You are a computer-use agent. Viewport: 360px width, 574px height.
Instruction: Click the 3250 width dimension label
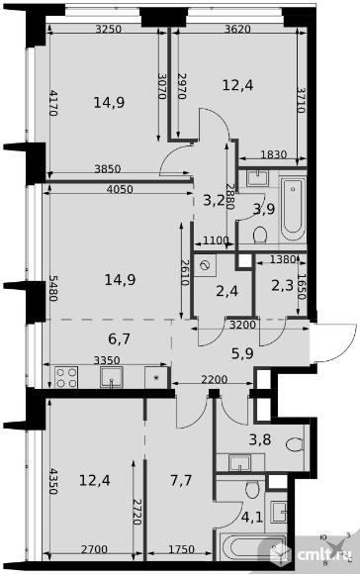108,29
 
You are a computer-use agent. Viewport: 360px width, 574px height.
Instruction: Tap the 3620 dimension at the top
237,29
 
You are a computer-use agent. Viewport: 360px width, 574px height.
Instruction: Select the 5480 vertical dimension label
53,288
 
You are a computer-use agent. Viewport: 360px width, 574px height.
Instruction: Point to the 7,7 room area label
181,480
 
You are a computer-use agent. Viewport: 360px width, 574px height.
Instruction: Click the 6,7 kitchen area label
120,339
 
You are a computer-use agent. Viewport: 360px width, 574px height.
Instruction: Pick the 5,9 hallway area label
242,353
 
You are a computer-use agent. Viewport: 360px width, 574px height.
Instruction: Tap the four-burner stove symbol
66,377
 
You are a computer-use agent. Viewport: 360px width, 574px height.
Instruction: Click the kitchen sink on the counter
112,377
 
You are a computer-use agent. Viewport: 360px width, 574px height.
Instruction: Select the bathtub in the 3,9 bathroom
293,207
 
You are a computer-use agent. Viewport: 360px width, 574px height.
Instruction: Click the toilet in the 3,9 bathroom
260,235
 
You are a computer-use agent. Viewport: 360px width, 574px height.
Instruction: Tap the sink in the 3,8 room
239,463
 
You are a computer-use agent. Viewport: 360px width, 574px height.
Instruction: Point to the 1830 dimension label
274,154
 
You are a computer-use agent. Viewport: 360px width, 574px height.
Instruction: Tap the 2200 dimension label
215,379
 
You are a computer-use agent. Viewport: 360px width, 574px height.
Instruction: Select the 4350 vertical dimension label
53,481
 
